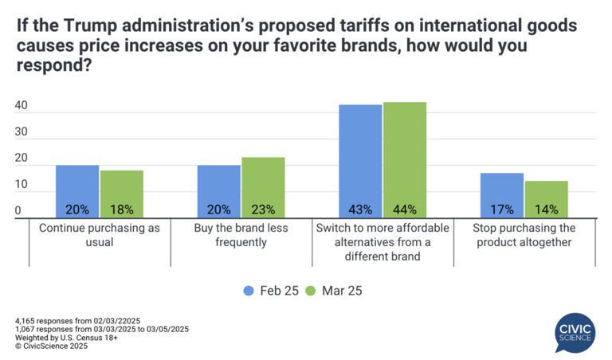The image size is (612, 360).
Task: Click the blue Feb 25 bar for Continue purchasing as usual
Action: pos(77,191)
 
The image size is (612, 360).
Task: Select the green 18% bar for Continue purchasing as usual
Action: pos(121,194)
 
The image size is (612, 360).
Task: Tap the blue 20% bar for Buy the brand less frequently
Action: pos(219,191)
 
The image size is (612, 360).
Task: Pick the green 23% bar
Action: pos(263,187)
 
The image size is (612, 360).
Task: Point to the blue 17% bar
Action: pos(502,195)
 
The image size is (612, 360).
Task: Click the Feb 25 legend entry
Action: pos(271,290)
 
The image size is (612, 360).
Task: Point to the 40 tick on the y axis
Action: pos(22,106)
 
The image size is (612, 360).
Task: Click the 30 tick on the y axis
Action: pos(22,132)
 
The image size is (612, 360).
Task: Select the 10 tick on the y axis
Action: pos(22,185)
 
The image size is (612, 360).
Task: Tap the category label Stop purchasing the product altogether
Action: pos(524,235)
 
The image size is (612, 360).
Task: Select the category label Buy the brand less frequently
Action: pos(241,235)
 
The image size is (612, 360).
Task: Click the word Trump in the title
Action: pos(80,26)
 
